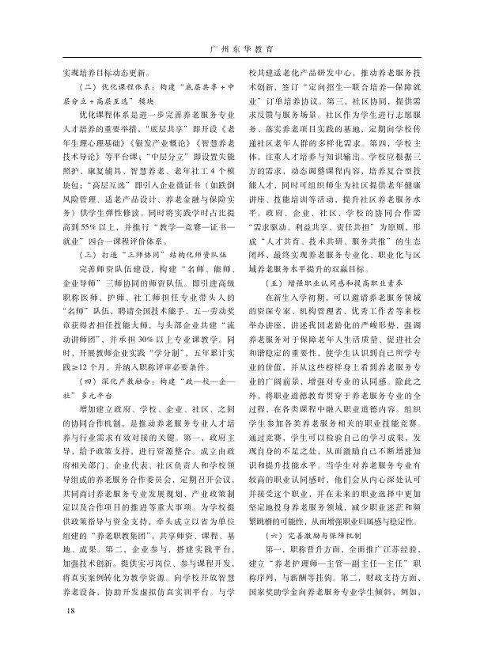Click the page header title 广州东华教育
point(241,49)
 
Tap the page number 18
point(70,636)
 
